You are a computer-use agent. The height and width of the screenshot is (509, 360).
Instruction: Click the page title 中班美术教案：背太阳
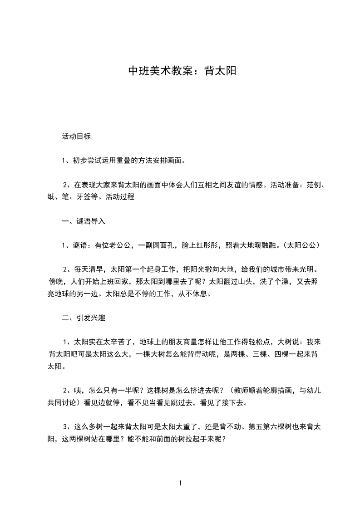click(182, 71)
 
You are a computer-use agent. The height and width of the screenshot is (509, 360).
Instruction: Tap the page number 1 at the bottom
click(180, 483)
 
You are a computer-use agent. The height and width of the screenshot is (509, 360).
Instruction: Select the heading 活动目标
click(76, 136)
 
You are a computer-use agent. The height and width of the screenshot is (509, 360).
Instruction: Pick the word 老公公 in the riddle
click(119, 245)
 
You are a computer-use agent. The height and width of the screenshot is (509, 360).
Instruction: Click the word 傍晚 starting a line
click(56, 281)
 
